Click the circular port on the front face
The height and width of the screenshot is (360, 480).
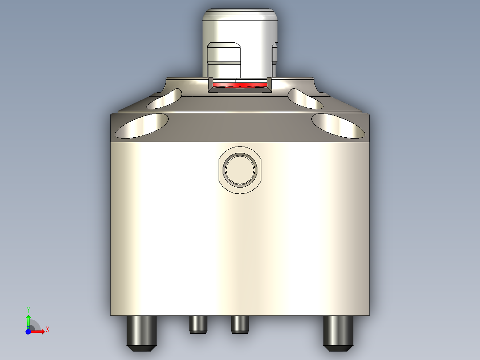point(240,169)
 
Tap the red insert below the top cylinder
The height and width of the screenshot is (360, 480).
point(240,84)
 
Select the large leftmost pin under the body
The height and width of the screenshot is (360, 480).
point(142,332)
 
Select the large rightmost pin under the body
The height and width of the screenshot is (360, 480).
point(338,332)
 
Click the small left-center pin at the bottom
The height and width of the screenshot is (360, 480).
point(198,324)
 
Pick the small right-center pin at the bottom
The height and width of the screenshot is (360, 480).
point(240,324)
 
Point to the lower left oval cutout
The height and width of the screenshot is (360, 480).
point(142,125)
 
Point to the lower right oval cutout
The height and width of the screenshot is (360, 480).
point(338,125)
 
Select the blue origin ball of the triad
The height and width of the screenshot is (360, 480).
point(28,331)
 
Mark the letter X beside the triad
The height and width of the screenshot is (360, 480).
point(48,329)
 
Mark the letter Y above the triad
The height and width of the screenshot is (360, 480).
point(28,310)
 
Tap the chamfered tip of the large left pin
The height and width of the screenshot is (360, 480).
point(142,346)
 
